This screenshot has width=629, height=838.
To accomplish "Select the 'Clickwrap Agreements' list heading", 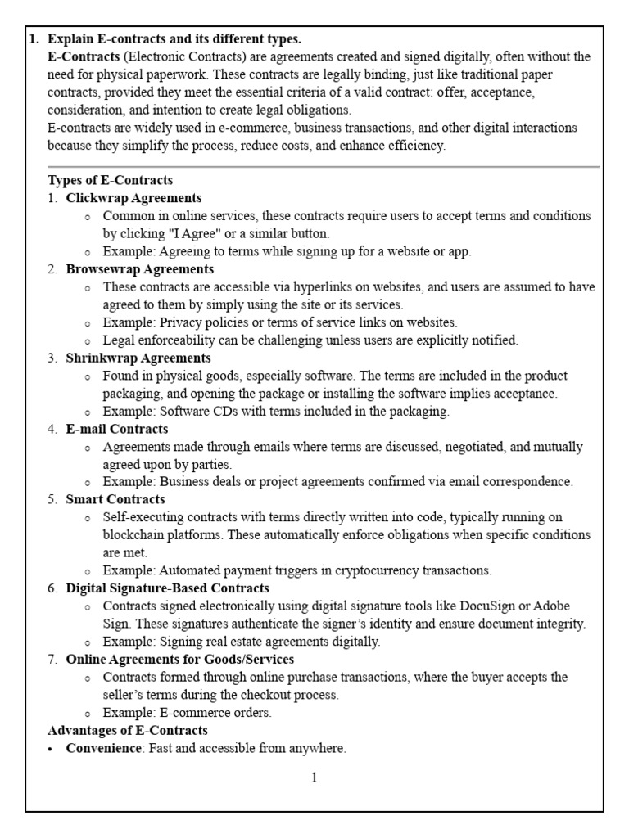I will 133,198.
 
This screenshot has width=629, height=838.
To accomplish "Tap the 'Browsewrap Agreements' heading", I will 140,268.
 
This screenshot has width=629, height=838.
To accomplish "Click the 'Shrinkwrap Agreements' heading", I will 138,358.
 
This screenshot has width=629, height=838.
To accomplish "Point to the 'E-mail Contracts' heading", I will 117,429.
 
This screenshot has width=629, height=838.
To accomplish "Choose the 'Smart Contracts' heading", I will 115,499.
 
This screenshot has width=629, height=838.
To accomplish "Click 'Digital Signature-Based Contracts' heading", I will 167,588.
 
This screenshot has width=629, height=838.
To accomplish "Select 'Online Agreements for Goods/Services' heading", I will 180,659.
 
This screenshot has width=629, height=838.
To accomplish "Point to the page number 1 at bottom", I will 314,778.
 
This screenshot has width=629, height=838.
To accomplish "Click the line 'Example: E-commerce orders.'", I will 187,713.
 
